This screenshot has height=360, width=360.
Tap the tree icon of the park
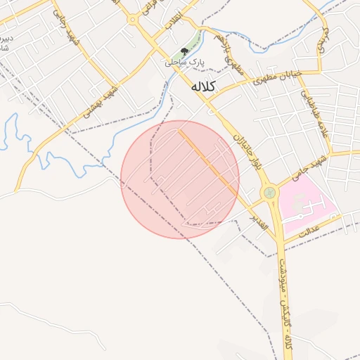point(184,51)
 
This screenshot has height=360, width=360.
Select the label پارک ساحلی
point(184,63)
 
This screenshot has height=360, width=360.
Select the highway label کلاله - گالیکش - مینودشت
point(288,302)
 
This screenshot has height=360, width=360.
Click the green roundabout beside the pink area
point(269,192)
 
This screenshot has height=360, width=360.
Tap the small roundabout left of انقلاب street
point(131,20)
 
